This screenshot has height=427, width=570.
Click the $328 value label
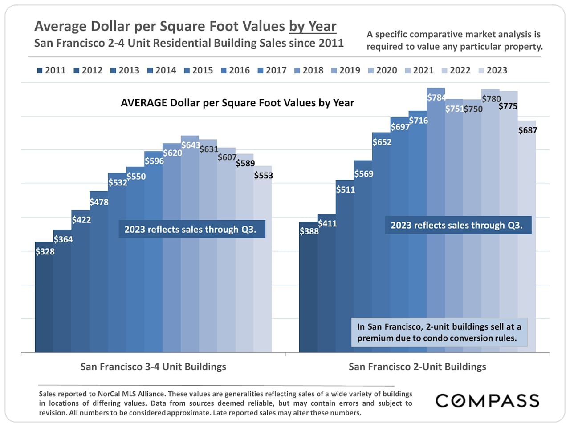click(x=45, y=252)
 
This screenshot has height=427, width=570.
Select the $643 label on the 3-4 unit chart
click(x=191, y=145)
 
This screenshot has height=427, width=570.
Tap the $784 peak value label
click(x=436, y=97)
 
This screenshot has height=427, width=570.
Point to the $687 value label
click(x=528, y=130)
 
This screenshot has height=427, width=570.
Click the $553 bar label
click(x=264, y=176)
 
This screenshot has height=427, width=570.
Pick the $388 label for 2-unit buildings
click(x=309, y=231)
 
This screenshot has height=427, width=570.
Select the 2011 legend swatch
click(x=40, y=71)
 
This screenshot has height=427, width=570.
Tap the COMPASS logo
click(x=487, y=401)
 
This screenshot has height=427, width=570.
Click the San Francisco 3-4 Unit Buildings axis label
click(x=153, y=367)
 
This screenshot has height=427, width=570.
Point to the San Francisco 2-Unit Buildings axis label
click(x=417, y=367)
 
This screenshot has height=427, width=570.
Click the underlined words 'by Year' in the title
click(x=313, y=27)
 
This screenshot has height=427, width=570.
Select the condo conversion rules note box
click(x=439, y=332)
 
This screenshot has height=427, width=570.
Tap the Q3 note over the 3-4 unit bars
click(x=191, y=229)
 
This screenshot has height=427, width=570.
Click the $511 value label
click(x=346, y=190)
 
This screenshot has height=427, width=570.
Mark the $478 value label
click(x=99, y=202)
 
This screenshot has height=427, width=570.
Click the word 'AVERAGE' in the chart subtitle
click(x=143, y=103)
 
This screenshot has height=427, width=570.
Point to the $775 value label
click(x=508, y=106)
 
